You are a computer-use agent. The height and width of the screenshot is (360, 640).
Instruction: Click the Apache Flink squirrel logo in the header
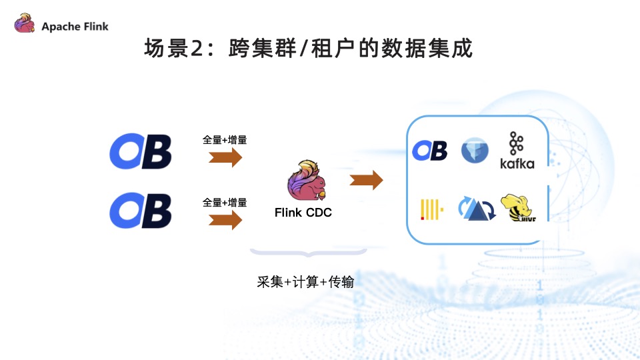[x=25, y=25]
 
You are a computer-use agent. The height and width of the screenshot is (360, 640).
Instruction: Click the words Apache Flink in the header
[x=75, y=27]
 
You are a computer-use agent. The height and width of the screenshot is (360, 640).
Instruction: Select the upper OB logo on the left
[x=141, y=151]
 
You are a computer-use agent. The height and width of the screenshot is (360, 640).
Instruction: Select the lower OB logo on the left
[x=141, y=211]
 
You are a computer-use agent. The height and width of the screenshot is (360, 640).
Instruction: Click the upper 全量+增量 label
[x=225, y=140]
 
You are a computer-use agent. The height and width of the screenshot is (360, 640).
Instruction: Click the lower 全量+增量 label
[x=225, y=202]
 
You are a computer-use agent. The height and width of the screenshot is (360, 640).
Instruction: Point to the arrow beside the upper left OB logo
[x=225, y=158]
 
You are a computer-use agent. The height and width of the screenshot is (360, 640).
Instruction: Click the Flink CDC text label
[x=303, y=213]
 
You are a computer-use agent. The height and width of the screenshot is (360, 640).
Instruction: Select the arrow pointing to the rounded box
[x=366, y=180]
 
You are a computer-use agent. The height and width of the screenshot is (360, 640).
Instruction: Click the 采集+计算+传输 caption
[x=305, y=282]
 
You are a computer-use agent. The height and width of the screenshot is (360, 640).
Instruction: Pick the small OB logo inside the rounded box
[x=429, y=151]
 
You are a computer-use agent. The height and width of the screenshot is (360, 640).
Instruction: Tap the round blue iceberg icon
[x=475, y=150]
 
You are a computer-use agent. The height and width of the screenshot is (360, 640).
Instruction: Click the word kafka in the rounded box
[x=517, y=163]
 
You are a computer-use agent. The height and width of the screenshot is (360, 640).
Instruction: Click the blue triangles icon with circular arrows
[x=475, y=209]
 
